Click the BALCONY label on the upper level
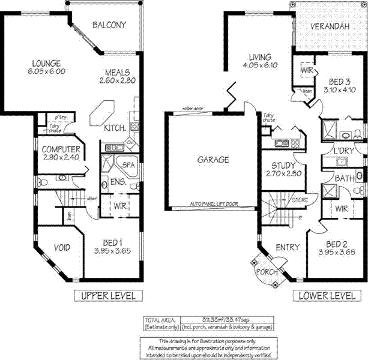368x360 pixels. click(x=109, y=25)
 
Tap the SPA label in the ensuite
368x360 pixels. click(x=128, y=164)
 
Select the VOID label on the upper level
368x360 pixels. click(x=62, y=247)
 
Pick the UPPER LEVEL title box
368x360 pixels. click(x=108, y=295)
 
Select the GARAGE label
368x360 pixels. click(x=213, y=160)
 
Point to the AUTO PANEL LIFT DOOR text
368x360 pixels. click(x=214, y=204)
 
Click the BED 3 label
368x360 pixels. click(x=340, y=81)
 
